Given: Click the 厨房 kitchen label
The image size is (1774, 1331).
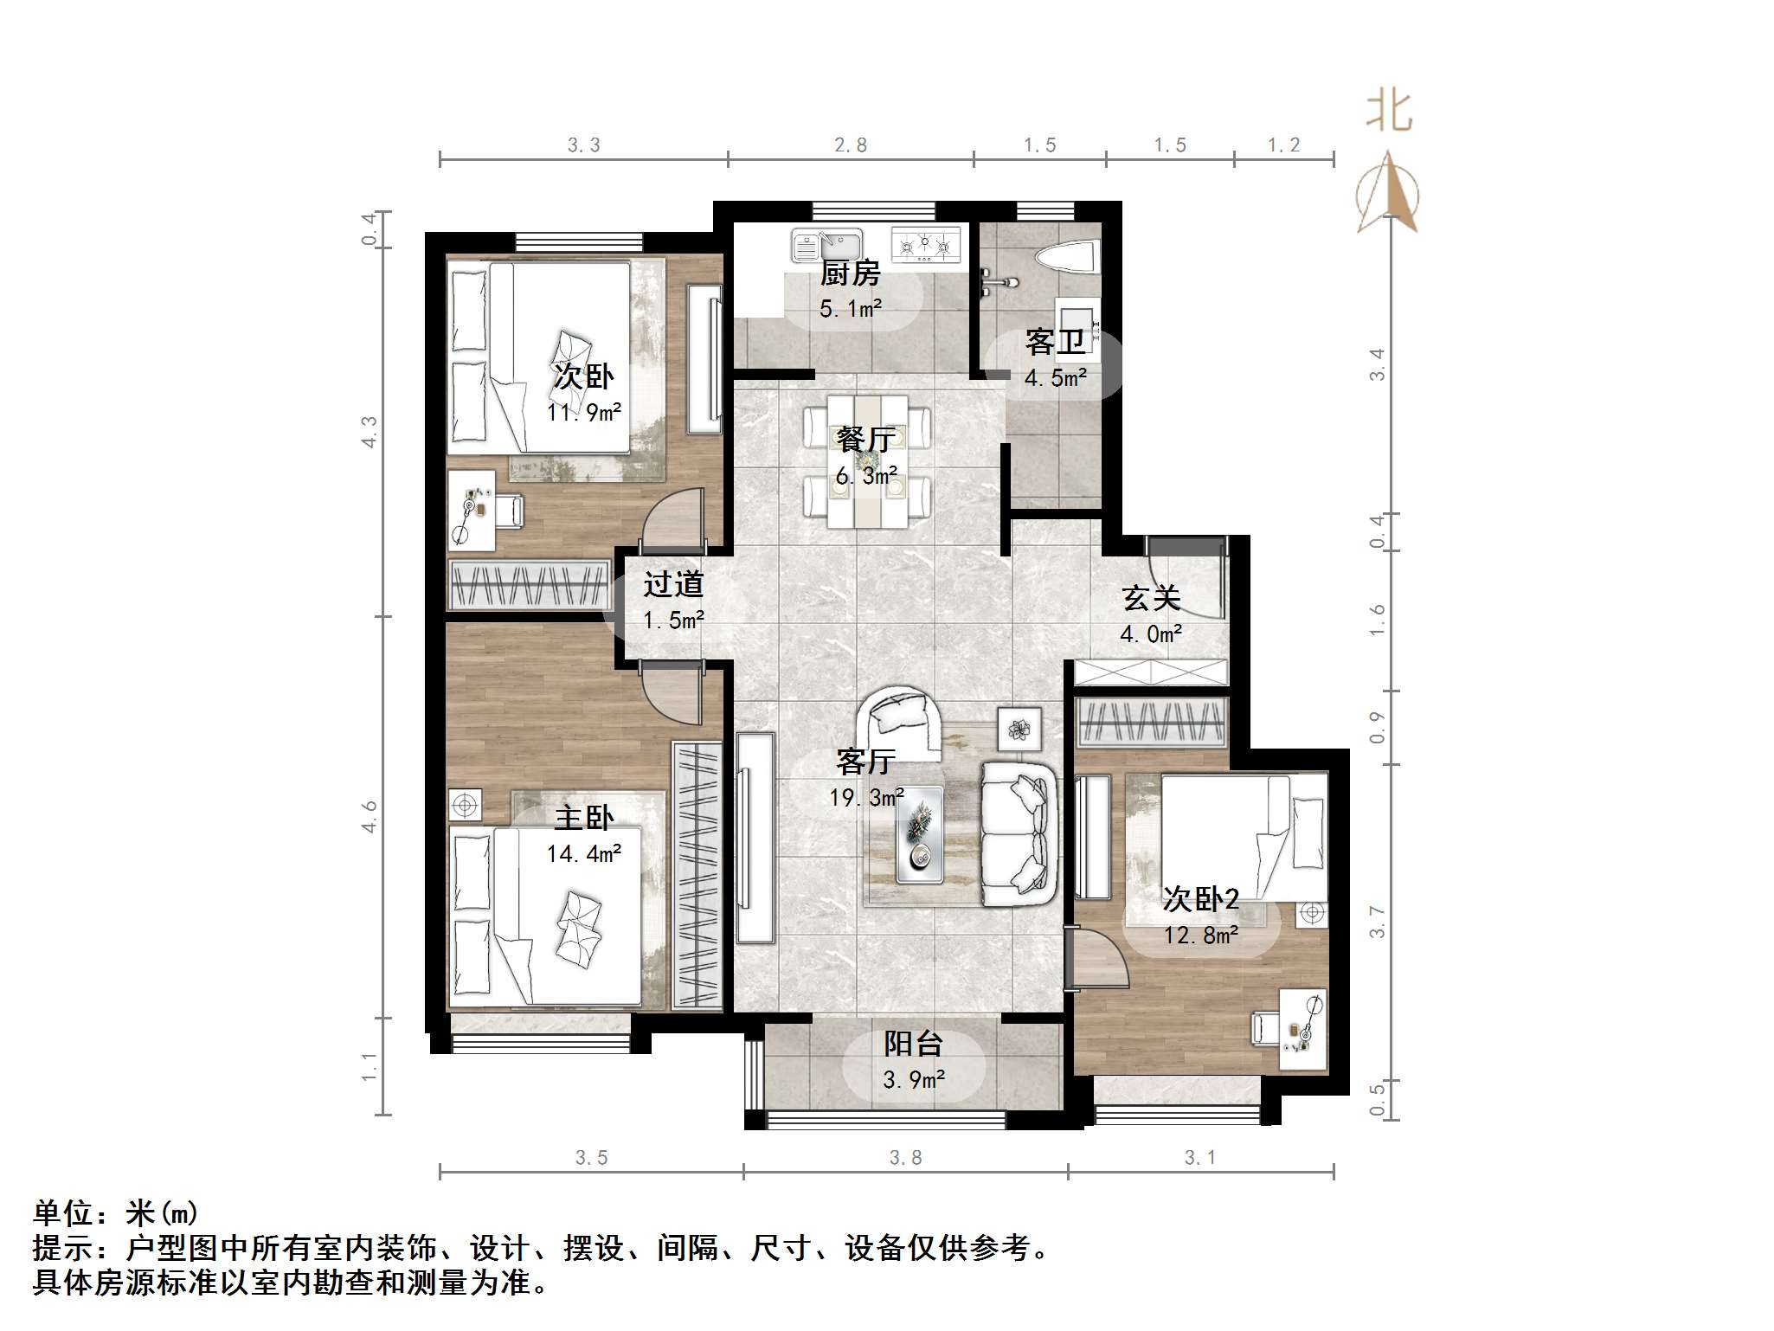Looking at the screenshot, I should click(x=850, y=273).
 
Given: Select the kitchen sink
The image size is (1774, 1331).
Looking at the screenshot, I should click(x=827, y=245).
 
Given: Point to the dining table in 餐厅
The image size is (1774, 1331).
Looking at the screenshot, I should click(x=867, y=460).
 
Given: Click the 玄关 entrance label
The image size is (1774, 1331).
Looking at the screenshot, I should click(x=1151, y=598).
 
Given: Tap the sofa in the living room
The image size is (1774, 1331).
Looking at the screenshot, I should click(x=1019, y=834).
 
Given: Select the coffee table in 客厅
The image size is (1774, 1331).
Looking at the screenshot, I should click(x=919, y=834).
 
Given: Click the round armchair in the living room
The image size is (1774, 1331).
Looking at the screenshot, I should click(x=900, y=720).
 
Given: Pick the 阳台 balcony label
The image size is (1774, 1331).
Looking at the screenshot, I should click(x=912, y=1044).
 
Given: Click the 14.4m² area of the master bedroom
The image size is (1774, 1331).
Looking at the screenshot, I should click(x=583, y=854).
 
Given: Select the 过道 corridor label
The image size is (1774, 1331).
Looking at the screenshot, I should click(x=672, y=585).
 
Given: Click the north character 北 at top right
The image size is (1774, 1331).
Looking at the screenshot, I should click(x=1389, y=112).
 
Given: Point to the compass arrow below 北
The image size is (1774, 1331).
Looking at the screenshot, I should click(x=1388, y=194).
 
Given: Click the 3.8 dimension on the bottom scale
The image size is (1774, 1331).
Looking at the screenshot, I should click(x=905, y=1158).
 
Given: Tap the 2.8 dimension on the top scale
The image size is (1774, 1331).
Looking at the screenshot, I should click(x=850, y=145).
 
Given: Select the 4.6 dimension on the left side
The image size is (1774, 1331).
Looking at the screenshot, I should click(x=369, y=816).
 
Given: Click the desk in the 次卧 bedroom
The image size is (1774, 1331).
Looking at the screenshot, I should click(x=472, y=511).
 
